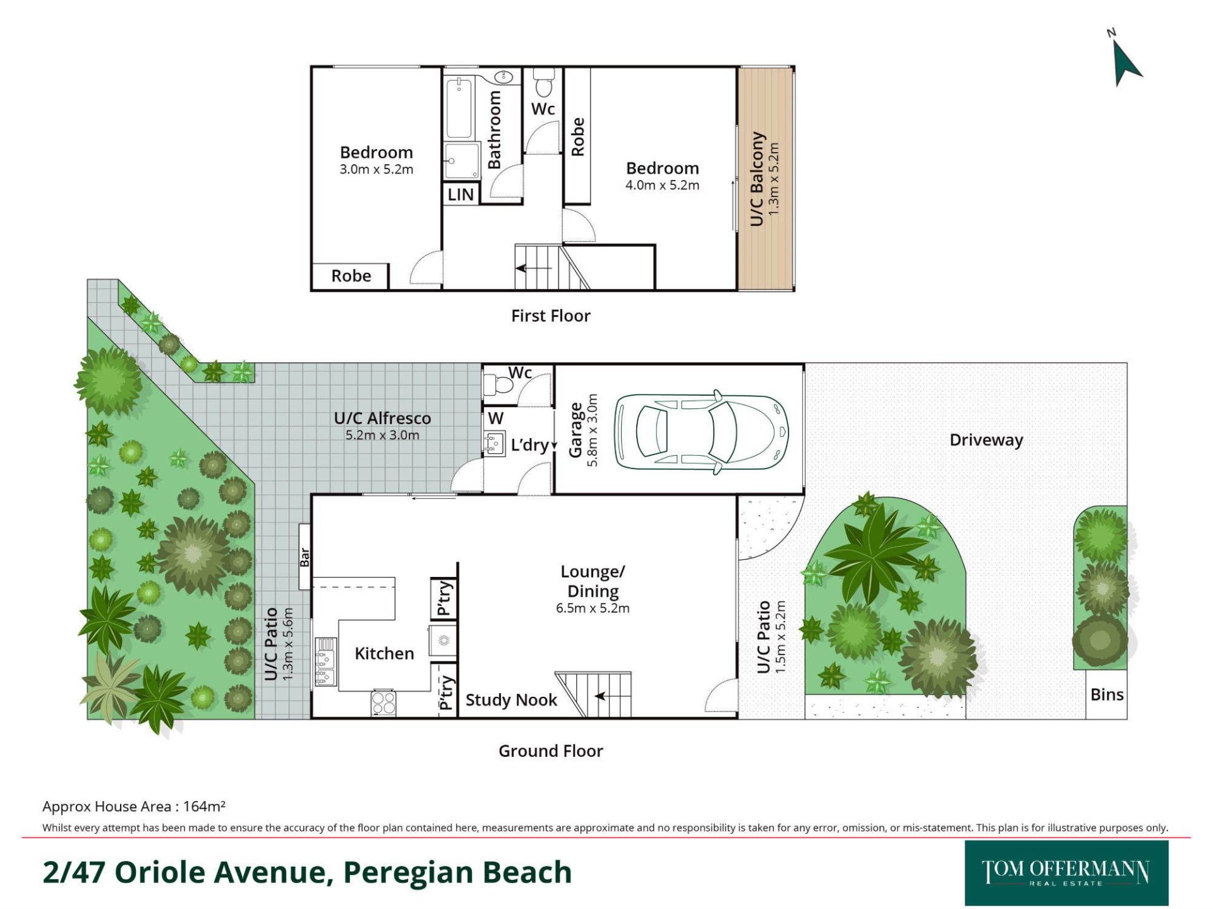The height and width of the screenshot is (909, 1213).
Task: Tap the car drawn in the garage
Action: [x=702, y=432]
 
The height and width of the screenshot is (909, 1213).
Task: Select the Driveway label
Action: [x=986, y=440]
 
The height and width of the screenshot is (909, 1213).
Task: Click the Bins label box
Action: [x=1107, y=694]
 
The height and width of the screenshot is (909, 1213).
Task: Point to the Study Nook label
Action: [x=511, y=700]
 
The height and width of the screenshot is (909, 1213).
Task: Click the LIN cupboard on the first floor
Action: [x=461, y=194]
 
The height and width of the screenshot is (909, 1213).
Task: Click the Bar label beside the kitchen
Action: [x=305, y=557]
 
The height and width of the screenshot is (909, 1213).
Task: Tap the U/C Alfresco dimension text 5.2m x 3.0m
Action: [x=382, y=435]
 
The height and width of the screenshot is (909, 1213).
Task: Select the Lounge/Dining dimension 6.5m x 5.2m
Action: [x=593, y=609]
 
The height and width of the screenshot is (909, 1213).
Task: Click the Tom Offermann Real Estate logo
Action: [x=1066, y=873]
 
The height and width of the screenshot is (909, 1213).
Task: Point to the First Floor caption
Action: [x=550, y=316]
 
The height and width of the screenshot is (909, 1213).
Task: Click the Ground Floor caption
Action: [x=550, y=751]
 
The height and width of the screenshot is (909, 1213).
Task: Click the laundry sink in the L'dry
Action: [x=494, y=443]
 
